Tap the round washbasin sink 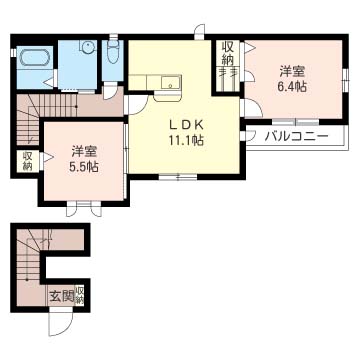click(86, 47)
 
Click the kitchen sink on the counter click(169, 83)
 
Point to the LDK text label click(185, 124)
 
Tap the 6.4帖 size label click(291, 87)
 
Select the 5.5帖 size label click(84, 167)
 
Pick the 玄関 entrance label click(61, 296)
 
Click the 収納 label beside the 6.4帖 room click(228, 53)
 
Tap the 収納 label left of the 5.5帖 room click(27, 161)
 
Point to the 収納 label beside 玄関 click(80, 295)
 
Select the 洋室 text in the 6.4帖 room click(291, 71)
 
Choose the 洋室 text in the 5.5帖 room click(84, 151)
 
